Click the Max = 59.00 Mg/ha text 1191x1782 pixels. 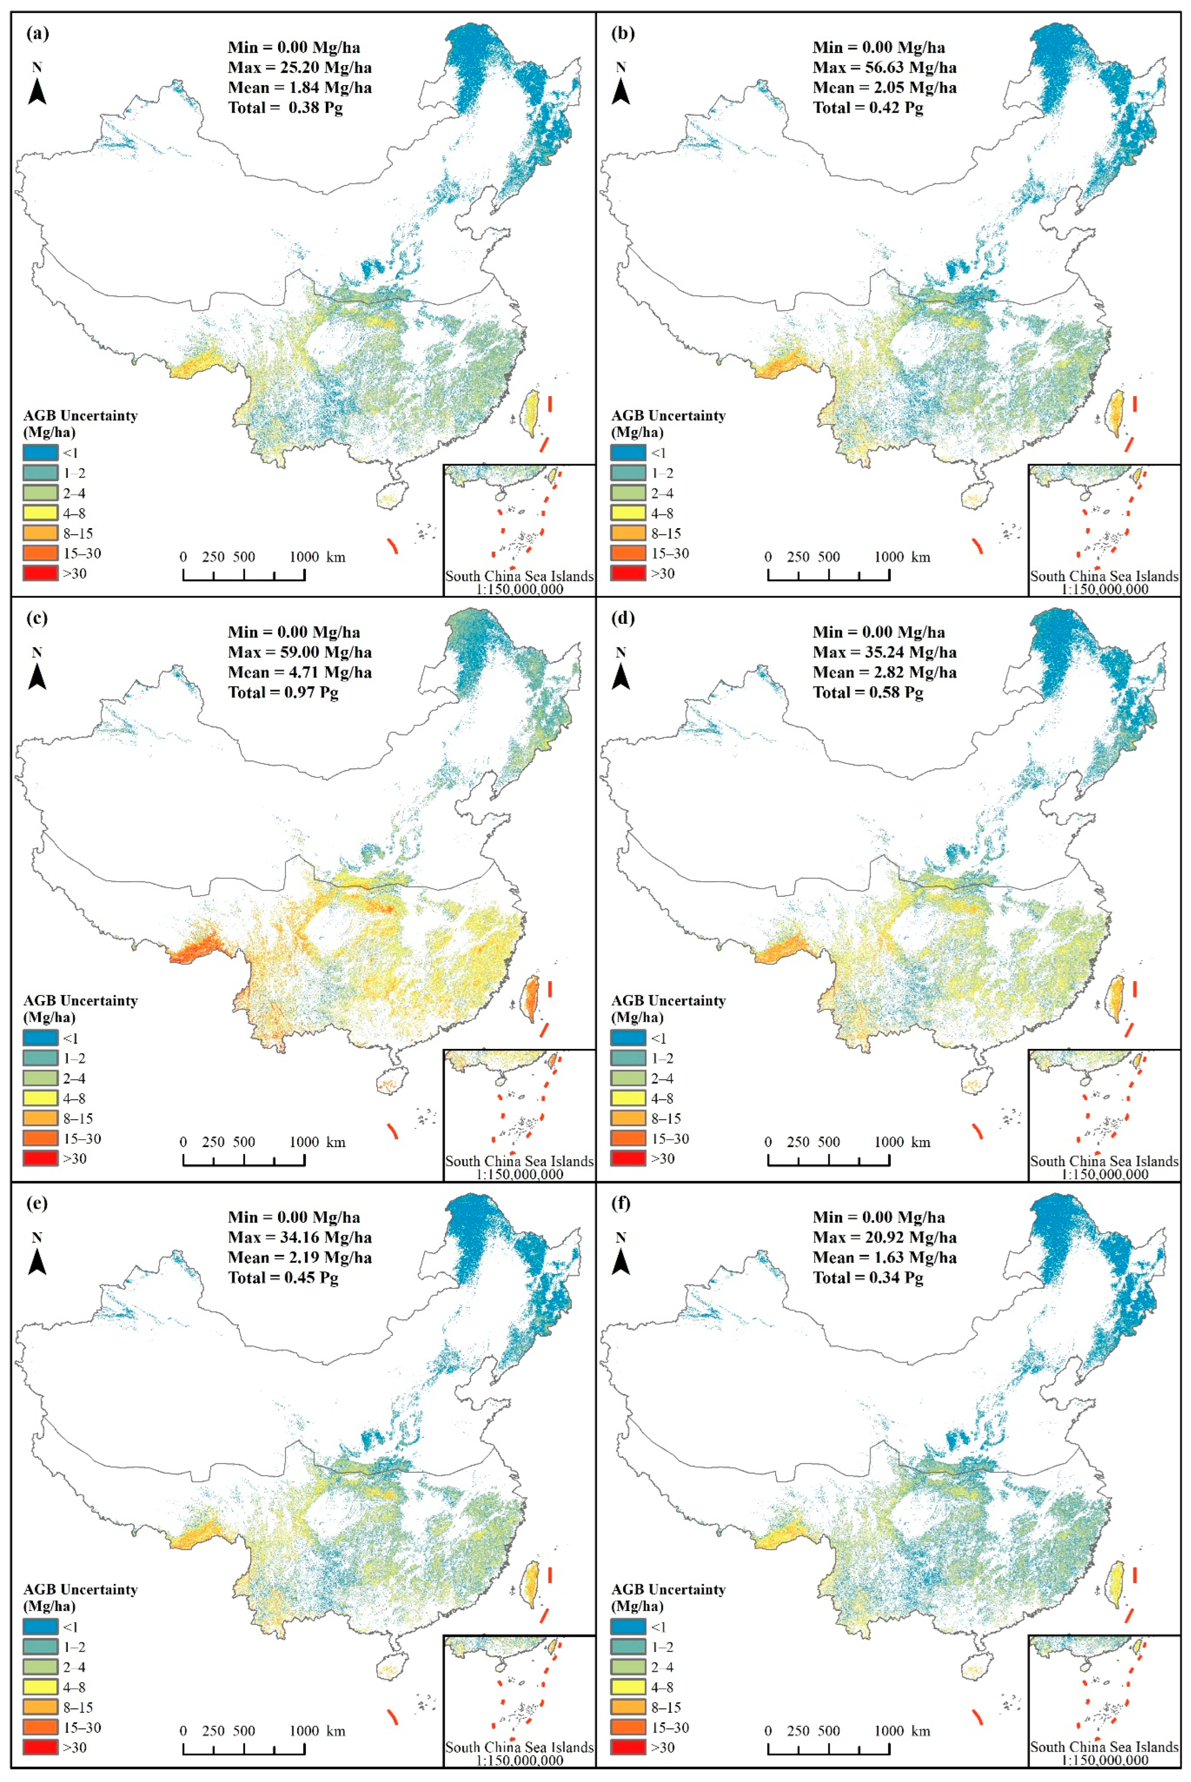click(299, 652)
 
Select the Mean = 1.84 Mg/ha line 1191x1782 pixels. click(299, 87)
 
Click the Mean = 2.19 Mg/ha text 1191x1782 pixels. click(299, 1258)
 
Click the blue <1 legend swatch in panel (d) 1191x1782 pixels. click(628, 1038)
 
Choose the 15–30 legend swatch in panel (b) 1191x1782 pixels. click(628, 553)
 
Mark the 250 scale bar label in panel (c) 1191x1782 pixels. click(213, 1142)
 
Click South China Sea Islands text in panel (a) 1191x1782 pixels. click(519, 576)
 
